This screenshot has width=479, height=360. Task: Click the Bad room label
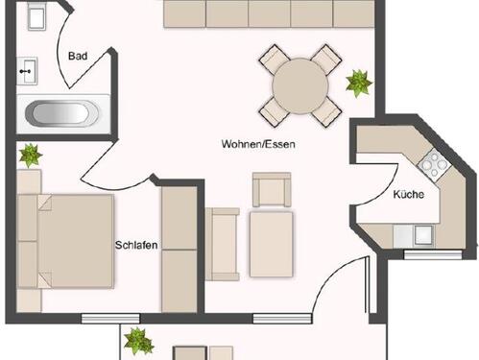(x=78, y=57)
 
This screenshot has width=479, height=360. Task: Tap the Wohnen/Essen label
(x=258, y=144)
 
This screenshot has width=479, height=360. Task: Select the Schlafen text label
(x=136, y=244)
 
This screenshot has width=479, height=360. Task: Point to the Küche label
(x=409, y=195)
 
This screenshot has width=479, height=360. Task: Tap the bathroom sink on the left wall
(x=27, y=69)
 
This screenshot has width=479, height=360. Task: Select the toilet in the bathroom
(x=36, y=18)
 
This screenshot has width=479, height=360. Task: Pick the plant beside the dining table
(x=359, y=84)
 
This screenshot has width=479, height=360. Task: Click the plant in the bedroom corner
(x=30, y=154)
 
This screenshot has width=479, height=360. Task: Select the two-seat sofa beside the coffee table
(x=222, y=244)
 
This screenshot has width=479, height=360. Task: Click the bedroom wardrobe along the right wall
(x=178, y=247)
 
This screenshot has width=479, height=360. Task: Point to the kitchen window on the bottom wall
(x=426, y=255)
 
